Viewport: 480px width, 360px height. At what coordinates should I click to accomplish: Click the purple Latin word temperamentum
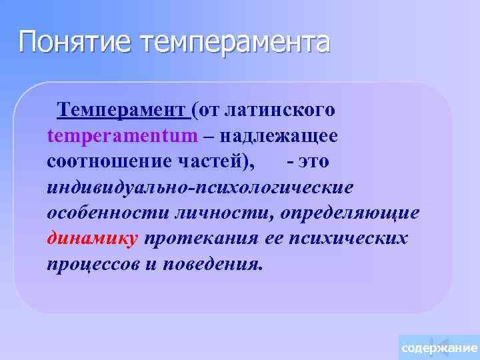[x=123, y=136]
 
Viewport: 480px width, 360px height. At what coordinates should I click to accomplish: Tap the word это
[x=313, y=162]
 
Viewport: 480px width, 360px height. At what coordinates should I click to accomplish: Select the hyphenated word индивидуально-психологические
[x=200, y=187]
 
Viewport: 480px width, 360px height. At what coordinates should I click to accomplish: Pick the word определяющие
[x=349, y=213]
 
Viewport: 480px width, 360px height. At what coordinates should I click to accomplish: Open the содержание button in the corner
[x=439, y=348]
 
